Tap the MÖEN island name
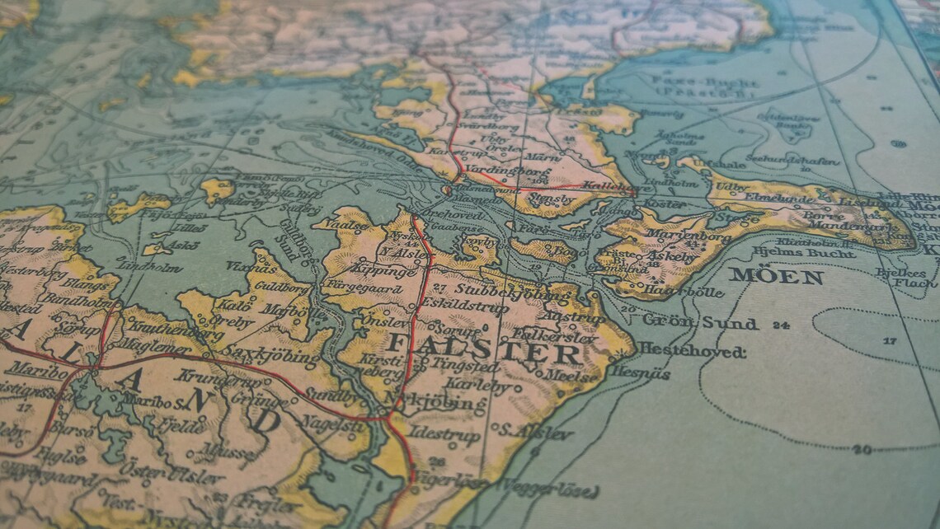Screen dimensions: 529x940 tap(776, 276)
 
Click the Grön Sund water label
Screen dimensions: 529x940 tap(700, 322)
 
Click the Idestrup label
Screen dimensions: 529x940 tap(444, 433)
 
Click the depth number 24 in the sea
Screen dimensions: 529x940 tap(781, 324)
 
